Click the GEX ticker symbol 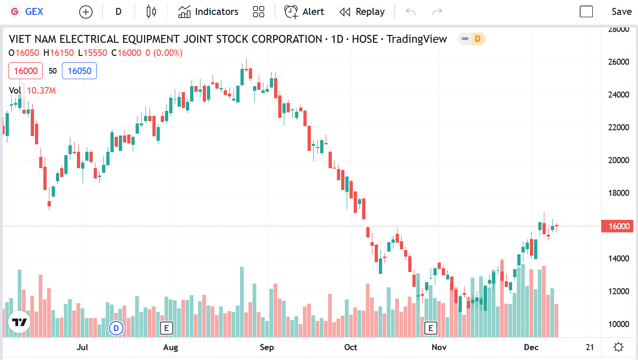point(34,12)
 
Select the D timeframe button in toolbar point(118,12)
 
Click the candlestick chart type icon point(151,12)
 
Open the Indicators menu point(208,12)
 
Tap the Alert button point(304,12)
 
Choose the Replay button point(362,12)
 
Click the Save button point(621,12)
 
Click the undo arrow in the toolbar point(411,12)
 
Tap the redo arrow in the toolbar point(437,12)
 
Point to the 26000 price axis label point(619,62)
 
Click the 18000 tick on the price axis point(619,193)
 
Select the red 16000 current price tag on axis point(618,226)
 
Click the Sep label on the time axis point(267,347)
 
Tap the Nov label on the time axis point(439,347)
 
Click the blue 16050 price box point(79,71)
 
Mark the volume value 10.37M point(41,91)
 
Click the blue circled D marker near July point(116,328)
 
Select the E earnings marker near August point(166,328)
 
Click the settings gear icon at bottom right point(618,347)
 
